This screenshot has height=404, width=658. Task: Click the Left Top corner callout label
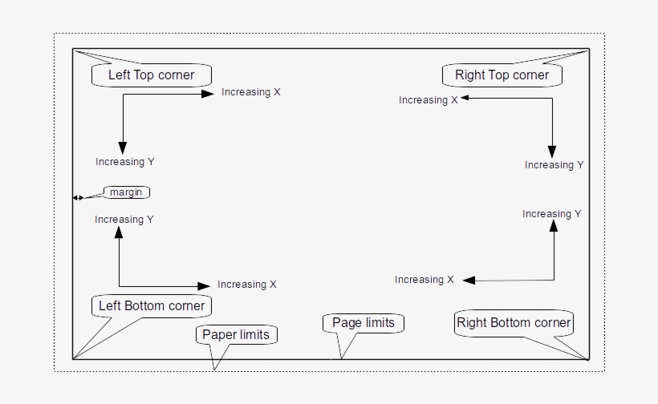click(152, 75)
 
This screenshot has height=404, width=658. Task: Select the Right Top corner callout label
click(502, 75)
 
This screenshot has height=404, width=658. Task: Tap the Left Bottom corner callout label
click(151, 305)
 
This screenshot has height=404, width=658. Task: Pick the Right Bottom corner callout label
click(514, 323)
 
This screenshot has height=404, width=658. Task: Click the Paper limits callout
click(236, 334)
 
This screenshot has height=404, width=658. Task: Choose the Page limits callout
click(364, 322)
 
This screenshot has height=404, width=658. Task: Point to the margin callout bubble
click(126, 192)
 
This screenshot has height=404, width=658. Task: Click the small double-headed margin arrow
click(77, 197)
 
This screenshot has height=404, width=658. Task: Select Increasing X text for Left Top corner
click(251, 92)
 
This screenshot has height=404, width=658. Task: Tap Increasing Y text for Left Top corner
click(124, 162)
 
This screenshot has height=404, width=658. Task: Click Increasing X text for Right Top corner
click(428, 100)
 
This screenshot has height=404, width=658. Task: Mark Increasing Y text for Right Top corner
click(554, 165)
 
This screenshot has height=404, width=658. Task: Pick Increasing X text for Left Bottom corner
click(247, 285)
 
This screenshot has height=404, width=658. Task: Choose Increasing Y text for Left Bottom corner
click(124, 220)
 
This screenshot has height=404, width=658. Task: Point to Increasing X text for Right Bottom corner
click(424, 280)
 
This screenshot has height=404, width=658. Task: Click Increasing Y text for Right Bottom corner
click(552, 214)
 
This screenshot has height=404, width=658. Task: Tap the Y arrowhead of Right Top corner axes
click(552, 151)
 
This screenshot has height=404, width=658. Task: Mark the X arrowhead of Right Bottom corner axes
click(469, 280)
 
